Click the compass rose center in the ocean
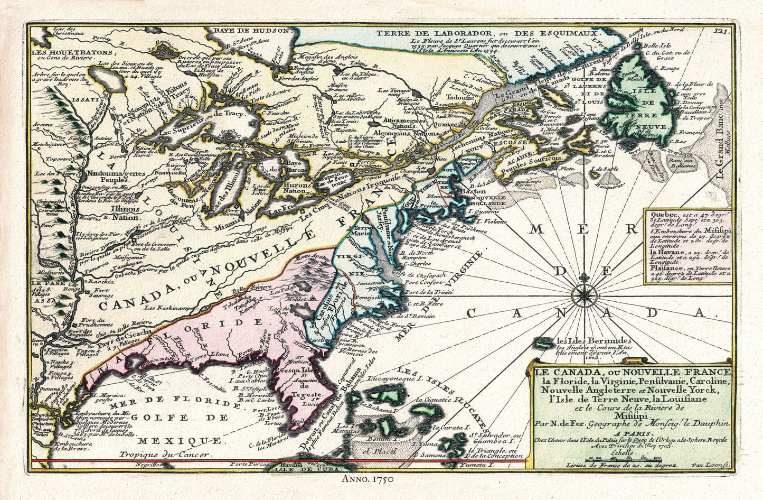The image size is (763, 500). point(585,289)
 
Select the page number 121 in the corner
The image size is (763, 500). point(721,32)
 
